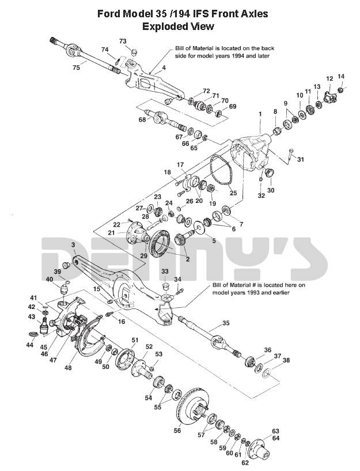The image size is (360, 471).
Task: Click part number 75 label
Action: pyautogui.click(x=77, y=67)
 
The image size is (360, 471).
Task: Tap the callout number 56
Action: pyautogui.click(x=177, y=429)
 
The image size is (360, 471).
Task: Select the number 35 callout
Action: pyautogui.click(x=226, y=323)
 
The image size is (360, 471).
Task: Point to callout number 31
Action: pyautogui.click(x=300, y=160)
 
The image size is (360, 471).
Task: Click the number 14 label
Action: pyautogui.click(x=341, y=76)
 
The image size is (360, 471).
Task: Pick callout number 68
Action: pyautogui.click(x=142, y=119)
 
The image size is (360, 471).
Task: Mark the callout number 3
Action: pyautogui.click(x=74, y=246)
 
